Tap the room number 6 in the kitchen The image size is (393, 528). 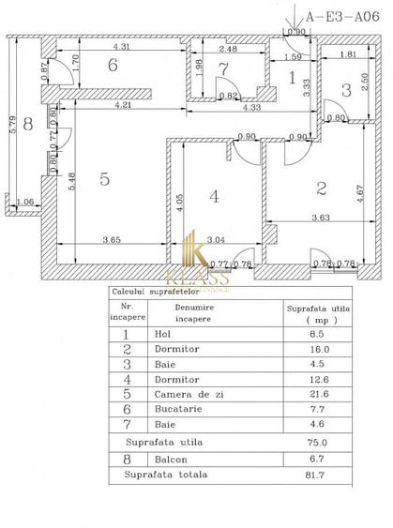tap(113, 66)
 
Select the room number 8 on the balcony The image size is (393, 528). tap(27, 123)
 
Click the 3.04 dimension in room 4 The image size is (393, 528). tap(215, 239)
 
